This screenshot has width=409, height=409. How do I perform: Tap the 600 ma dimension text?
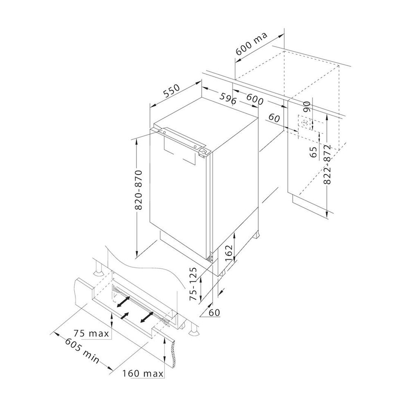click(251, 44)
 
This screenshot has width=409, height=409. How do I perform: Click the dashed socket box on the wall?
click(304, 122)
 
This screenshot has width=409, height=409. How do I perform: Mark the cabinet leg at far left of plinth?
click(99, 270)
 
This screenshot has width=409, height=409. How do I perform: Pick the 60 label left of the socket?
click(274, 118)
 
